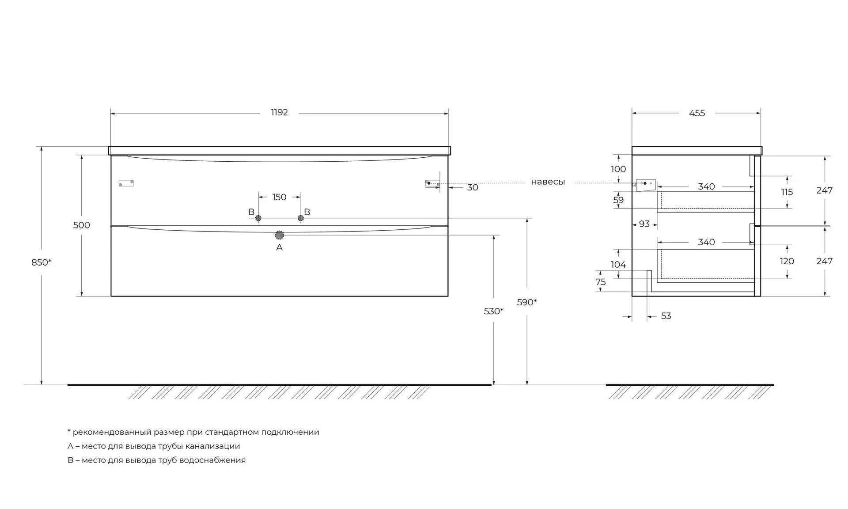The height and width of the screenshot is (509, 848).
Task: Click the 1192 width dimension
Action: (x=279, y=112)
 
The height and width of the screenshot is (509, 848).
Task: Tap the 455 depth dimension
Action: (x=697, y=113)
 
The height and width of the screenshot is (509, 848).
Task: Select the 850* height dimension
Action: (x=42, y=262)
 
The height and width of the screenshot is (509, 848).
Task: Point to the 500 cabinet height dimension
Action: (x=82, y=225)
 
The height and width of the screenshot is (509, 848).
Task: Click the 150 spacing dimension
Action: (x=279, y=197)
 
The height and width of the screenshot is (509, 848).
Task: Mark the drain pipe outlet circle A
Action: (x=279, y=235)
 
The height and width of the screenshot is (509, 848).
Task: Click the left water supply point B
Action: (x=258, y=218)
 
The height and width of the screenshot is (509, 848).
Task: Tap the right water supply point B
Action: (x=301, y=218)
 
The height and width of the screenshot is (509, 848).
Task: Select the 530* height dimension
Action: (x=494, y=311)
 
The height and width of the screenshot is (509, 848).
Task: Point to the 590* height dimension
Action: (x=527, y=302)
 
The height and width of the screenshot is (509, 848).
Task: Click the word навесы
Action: (x=548, y=182)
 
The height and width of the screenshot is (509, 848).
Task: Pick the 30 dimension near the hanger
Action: (x=473, y=187)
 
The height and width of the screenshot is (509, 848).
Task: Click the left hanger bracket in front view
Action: (x=126, y=183)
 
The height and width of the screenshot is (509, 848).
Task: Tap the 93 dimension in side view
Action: (x=644, y=224)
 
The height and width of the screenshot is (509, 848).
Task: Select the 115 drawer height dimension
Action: (x=787, y=192)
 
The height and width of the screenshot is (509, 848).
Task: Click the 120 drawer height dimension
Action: (x=787, y=261)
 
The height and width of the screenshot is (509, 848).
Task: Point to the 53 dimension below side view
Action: (x=666, y=316)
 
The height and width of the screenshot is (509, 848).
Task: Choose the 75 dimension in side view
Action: (x=601, y=282)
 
